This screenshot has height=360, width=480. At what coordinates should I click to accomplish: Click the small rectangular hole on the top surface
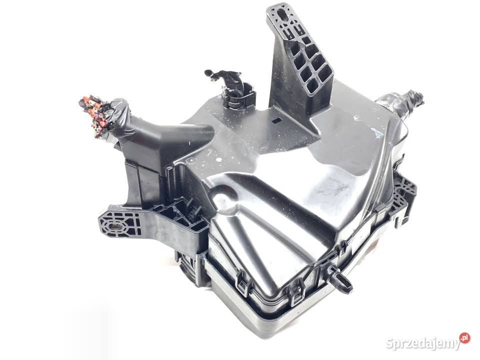pyautogui.click(x=276, y=120)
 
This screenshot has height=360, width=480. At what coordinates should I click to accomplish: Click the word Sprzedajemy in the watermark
pyautogui.click(x=422, y=343)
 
